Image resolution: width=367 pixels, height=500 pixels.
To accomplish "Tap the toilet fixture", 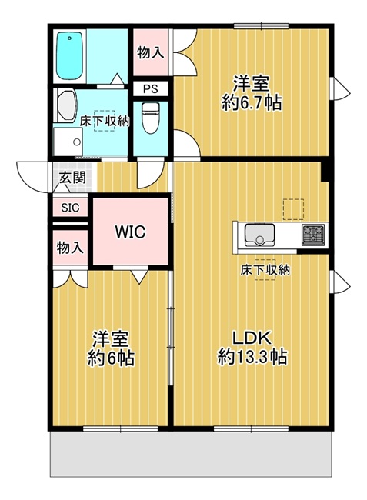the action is (x=151, y=118).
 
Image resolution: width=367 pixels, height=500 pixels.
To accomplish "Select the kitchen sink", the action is (x=259, y=235).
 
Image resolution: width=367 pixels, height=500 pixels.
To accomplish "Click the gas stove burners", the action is (x=313, y=235).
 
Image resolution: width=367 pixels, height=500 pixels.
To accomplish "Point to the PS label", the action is (x=151, y=88).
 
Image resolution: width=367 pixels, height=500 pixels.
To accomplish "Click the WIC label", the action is (x=130, y=232).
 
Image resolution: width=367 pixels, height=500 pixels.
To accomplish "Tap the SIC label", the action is (x=70, y=208).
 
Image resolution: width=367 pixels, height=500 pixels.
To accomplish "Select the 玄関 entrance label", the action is (x=72, y=177).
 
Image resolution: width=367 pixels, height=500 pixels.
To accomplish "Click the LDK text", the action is (x=252, y=338).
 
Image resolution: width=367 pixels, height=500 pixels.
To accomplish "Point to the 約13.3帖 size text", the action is (x=252, y=357).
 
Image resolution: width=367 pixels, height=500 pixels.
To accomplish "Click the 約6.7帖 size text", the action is (x=252, y=102).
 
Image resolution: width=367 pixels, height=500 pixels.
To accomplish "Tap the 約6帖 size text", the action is (x=111, y=358).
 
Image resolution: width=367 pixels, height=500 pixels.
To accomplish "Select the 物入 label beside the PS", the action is (x=151, y=52).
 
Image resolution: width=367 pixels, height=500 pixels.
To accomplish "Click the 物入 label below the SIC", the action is (x=70, y=248).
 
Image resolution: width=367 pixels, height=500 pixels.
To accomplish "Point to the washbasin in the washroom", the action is (x=66, y=105).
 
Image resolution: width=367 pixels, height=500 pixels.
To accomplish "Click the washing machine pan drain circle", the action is (x=77, y=142).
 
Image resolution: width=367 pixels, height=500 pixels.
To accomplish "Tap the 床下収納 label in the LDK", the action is (x=265, y=270).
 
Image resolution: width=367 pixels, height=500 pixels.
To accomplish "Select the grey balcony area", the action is (x=191, y=454).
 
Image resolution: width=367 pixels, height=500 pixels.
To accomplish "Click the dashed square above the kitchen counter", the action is (x=293, y=209).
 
